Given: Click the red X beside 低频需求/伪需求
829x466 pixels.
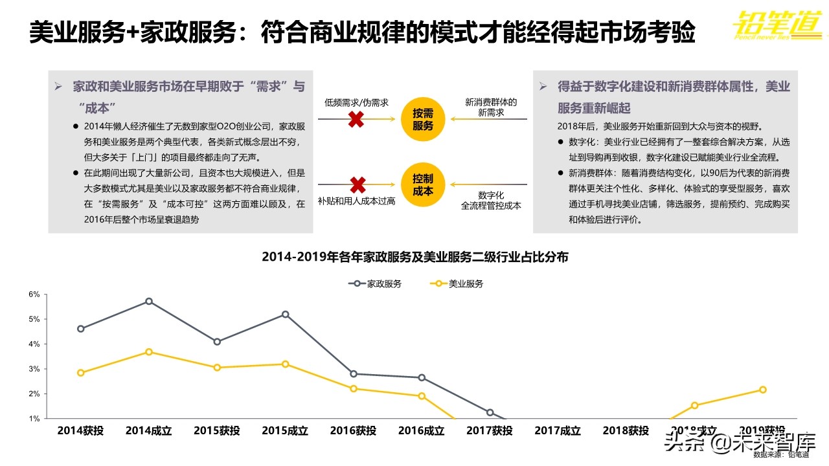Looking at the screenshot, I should coord(356,119).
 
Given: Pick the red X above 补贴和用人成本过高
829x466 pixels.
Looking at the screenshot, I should coord(356,185).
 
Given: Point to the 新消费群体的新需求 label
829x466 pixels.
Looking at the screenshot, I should coord(491,107).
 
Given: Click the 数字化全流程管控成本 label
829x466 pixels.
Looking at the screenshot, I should coord(491,200).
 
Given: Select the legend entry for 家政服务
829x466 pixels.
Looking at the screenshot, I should coord(375,283).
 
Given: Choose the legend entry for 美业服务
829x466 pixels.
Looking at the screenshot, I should coord(457,283).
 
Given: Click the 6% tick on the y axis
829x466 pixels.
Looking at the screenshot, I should coord(34,294).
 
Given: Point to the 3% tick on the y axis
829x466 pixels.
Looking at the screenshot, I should coord(34,369).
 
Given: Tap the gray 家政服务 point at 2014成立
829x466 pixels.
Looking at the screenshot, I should coord(149,302).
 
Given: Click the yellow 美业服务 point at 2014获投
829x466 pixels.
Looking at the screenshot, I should coord(80,373).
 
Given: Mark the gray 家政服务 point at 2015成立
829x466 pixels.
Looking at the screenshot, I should coord(285,315).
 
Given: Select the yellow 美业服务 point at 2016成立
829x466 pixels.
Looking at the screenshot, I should coord(422,396).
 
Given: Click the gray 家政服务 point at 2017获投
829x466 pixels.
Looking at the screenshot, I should coord(490,412).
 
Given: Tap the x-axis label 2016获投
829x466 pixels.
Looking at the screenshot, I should coord(353,430).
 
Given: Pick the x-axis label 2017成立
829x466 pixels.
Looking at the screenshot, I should coord(558,430).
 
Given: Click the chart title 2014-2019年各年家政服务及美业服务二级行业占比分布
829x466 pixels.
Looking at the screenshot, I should coord(414,257).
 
